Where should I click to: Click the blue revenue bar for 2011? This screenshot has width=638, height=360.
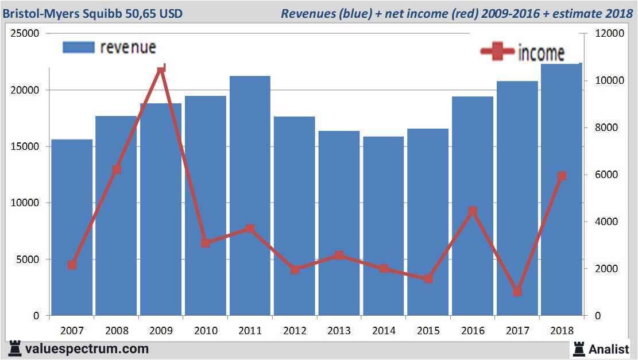click(x=250, y=195)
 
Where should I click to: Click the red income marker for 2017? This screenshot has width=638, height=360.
click(x=517, y=292)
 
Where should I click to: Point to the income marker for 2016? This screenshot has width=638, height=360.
click(x=473, y=211)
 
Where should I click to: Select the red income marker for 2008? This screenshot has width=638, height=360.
click(x=117, y=169)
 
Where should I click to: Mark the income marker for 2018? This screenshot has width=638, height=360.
click(x=562, y=176)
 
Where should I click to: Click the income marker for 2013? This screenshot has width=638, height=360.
click(x=339, y=256)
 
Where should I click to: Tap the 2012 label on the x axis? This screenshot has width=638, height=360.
click(x=294, y=331)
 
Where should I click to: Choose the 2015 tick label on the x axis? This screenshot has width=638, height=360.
click(x=428, y=331)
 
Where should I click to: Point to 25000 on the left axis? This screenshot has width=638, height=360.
click(x=26, y=33)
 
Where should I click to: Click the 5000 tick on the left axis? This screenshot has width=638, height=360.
click(x=28, y=260)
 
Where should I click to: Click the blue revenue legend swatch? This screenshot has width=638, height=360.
click(x=78, y=48)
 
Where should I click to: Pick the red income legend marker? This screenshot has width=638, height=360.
click(x=497, y=52)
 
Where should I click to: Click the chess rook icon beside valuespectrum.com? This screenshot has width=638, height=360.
click(x=15, y=349)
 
